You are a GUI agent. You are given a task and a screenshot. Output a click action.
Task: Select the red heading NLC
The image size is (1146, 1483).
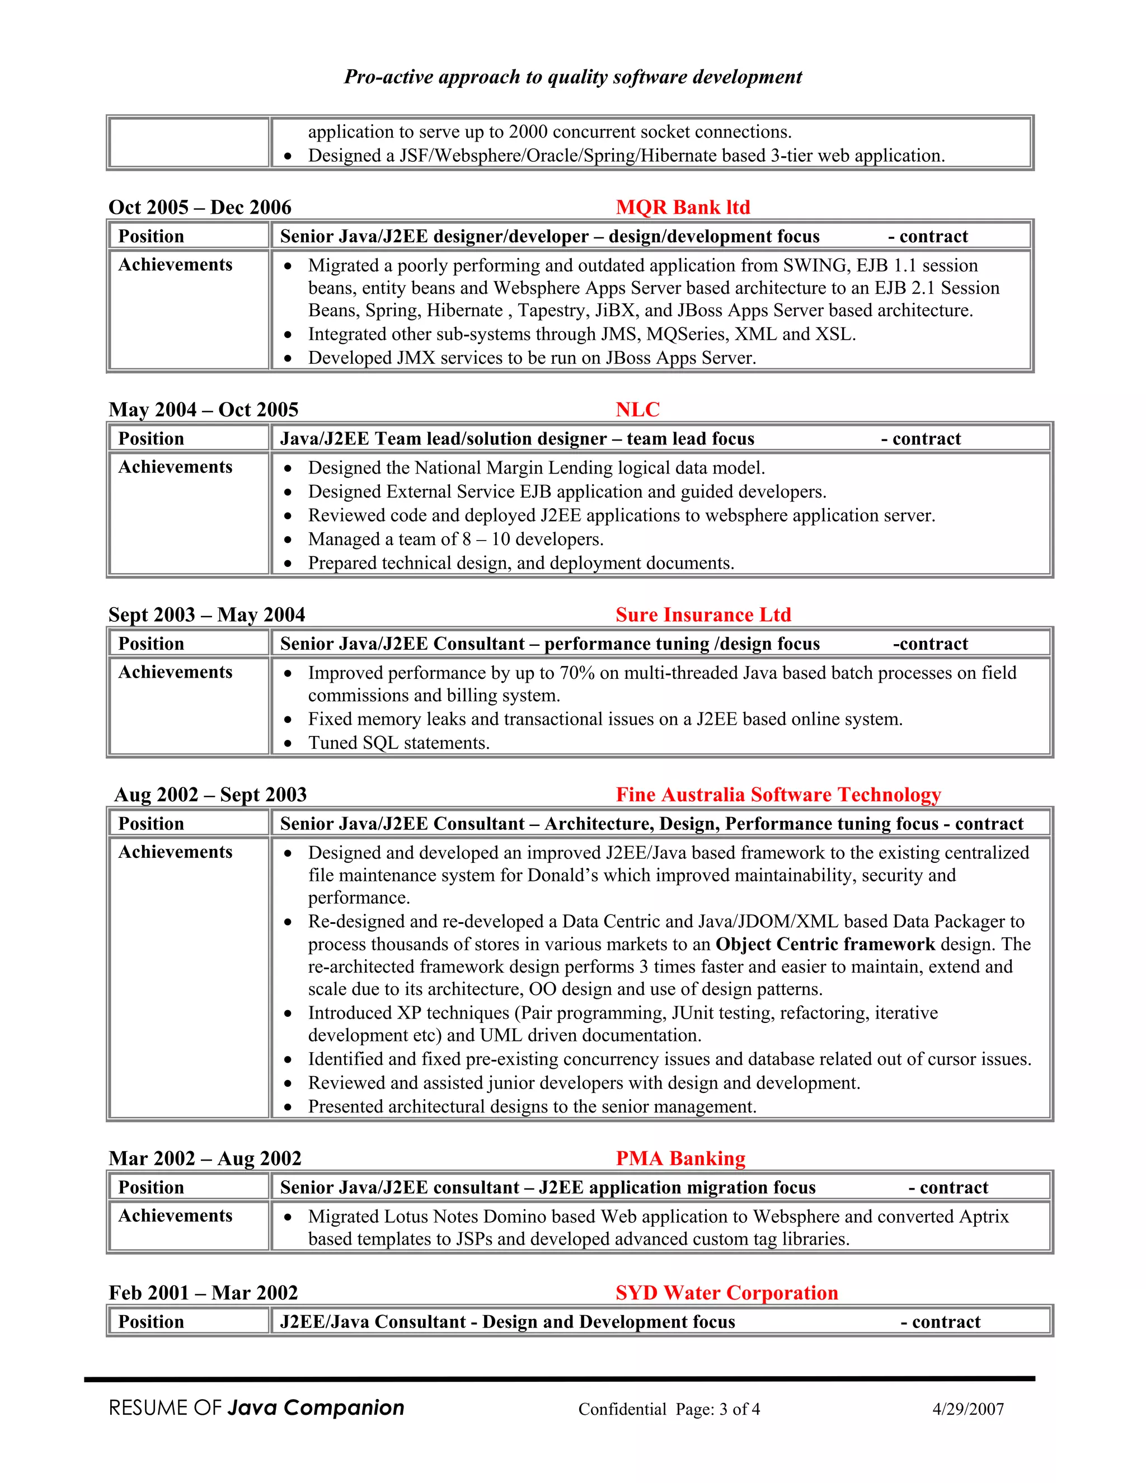637,410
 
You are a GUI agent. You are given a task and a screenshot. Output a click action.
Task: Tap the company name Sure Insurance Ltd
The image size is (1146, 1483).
703,614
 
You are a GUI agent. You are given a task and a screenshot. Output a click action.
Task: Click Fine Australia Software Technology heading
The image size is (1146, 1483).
778,795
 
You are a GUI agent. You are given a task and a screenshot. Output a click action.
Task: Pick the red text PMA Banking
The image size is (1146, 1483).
680,1158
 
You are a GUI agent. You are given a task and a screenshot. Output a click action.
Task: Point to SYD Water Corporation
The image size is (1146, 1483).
726,1293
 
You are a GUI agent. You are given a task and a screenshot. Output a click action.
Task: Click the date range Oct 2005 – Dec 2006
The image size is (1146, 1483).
200,207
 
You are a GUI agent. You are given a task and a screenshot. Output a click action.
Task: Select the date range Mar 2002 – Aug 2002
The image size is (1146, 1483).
204,1158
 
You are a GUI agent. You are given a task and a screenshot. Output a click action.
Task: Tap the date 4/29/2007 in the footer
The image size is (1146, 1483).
967,1409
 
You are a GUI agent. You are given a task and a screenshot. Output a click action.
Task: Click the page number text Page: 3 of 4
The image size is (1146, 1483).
717,1410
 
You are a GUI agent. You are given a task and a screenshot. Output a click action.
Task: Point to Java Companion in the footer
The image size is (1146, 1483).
316,1407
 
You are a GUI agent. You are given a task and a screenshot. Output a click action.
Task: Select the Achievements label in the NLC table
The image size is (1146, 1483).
175,467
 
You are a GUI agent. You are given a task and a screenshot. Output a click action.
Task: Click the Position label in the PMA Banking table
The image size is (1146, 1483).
151,1188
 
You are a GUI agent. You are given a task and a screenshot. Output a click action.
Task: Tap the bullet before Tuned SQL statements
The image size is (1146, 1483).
288,744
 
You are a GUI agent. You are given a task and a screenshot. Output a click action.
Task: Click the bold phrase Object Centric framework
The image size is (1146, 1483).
825,945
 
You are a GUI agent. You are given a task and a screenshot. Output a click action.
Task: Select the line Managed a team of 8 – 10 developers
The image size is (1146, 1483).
455,539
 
